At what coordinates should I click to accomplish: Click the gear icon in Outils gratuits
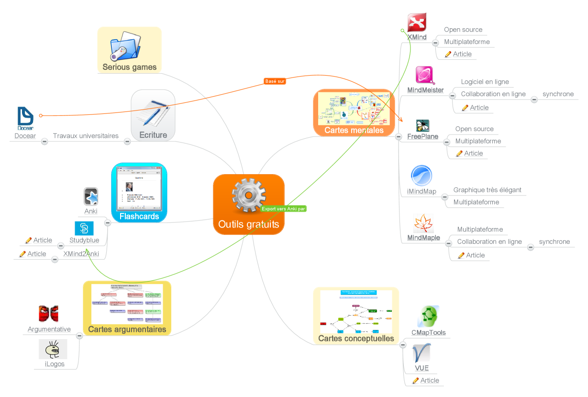click(x=248, y=195)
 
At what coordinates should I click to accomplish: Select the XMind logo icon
click(x=417, y=22)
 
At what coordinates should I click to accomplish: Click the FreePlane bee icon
click(x=422, y=125)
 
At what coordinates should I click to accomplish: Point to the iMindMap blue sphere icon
click(x=422, y=176)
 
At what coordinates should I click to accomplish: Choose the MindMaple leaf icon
click(x=423, y=223)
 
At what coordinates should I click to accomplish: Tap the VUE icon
click(x=422, y=353)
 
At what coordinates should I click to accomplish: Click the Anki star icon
click(x=91, y=197)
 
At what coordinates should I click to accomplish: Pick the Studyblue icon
click(x=84, y=228)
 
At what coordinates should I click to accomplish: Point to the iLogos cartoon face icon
click(x=53, y=349)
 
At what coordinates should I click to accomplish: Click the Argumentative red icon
click(x=48, y=314)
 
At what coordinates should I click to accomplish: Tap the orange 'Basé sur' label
click(x=275, y=81)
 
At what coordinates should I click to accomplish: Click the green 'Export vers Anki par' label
click(x=284, y=209)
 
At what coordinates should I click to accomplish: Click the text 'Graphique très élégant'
click(x=487, y=190)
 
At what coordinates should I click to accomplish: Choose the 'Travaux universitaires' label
click(x=86, y=136)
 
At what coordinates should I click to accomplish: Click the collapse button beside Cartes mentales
click(x=398, y=137)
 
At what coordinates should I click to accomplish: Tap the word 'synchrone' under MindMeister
click(x=558, y=94)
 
